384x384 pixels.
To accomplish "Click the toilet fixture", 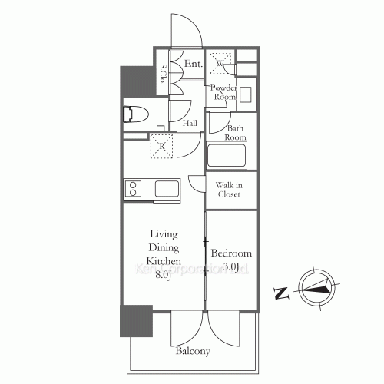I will (137, 115).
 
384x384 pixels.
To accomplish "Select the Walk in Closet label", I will (228, 190).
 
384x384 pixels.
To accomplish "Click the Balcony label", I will (193, 351).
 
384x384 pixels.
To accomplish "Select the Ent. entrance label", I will (193, 65).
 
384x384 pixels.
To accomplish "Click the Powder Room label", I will (223, 93).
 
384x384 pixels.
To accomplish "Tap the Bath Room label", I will (234, 133).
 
